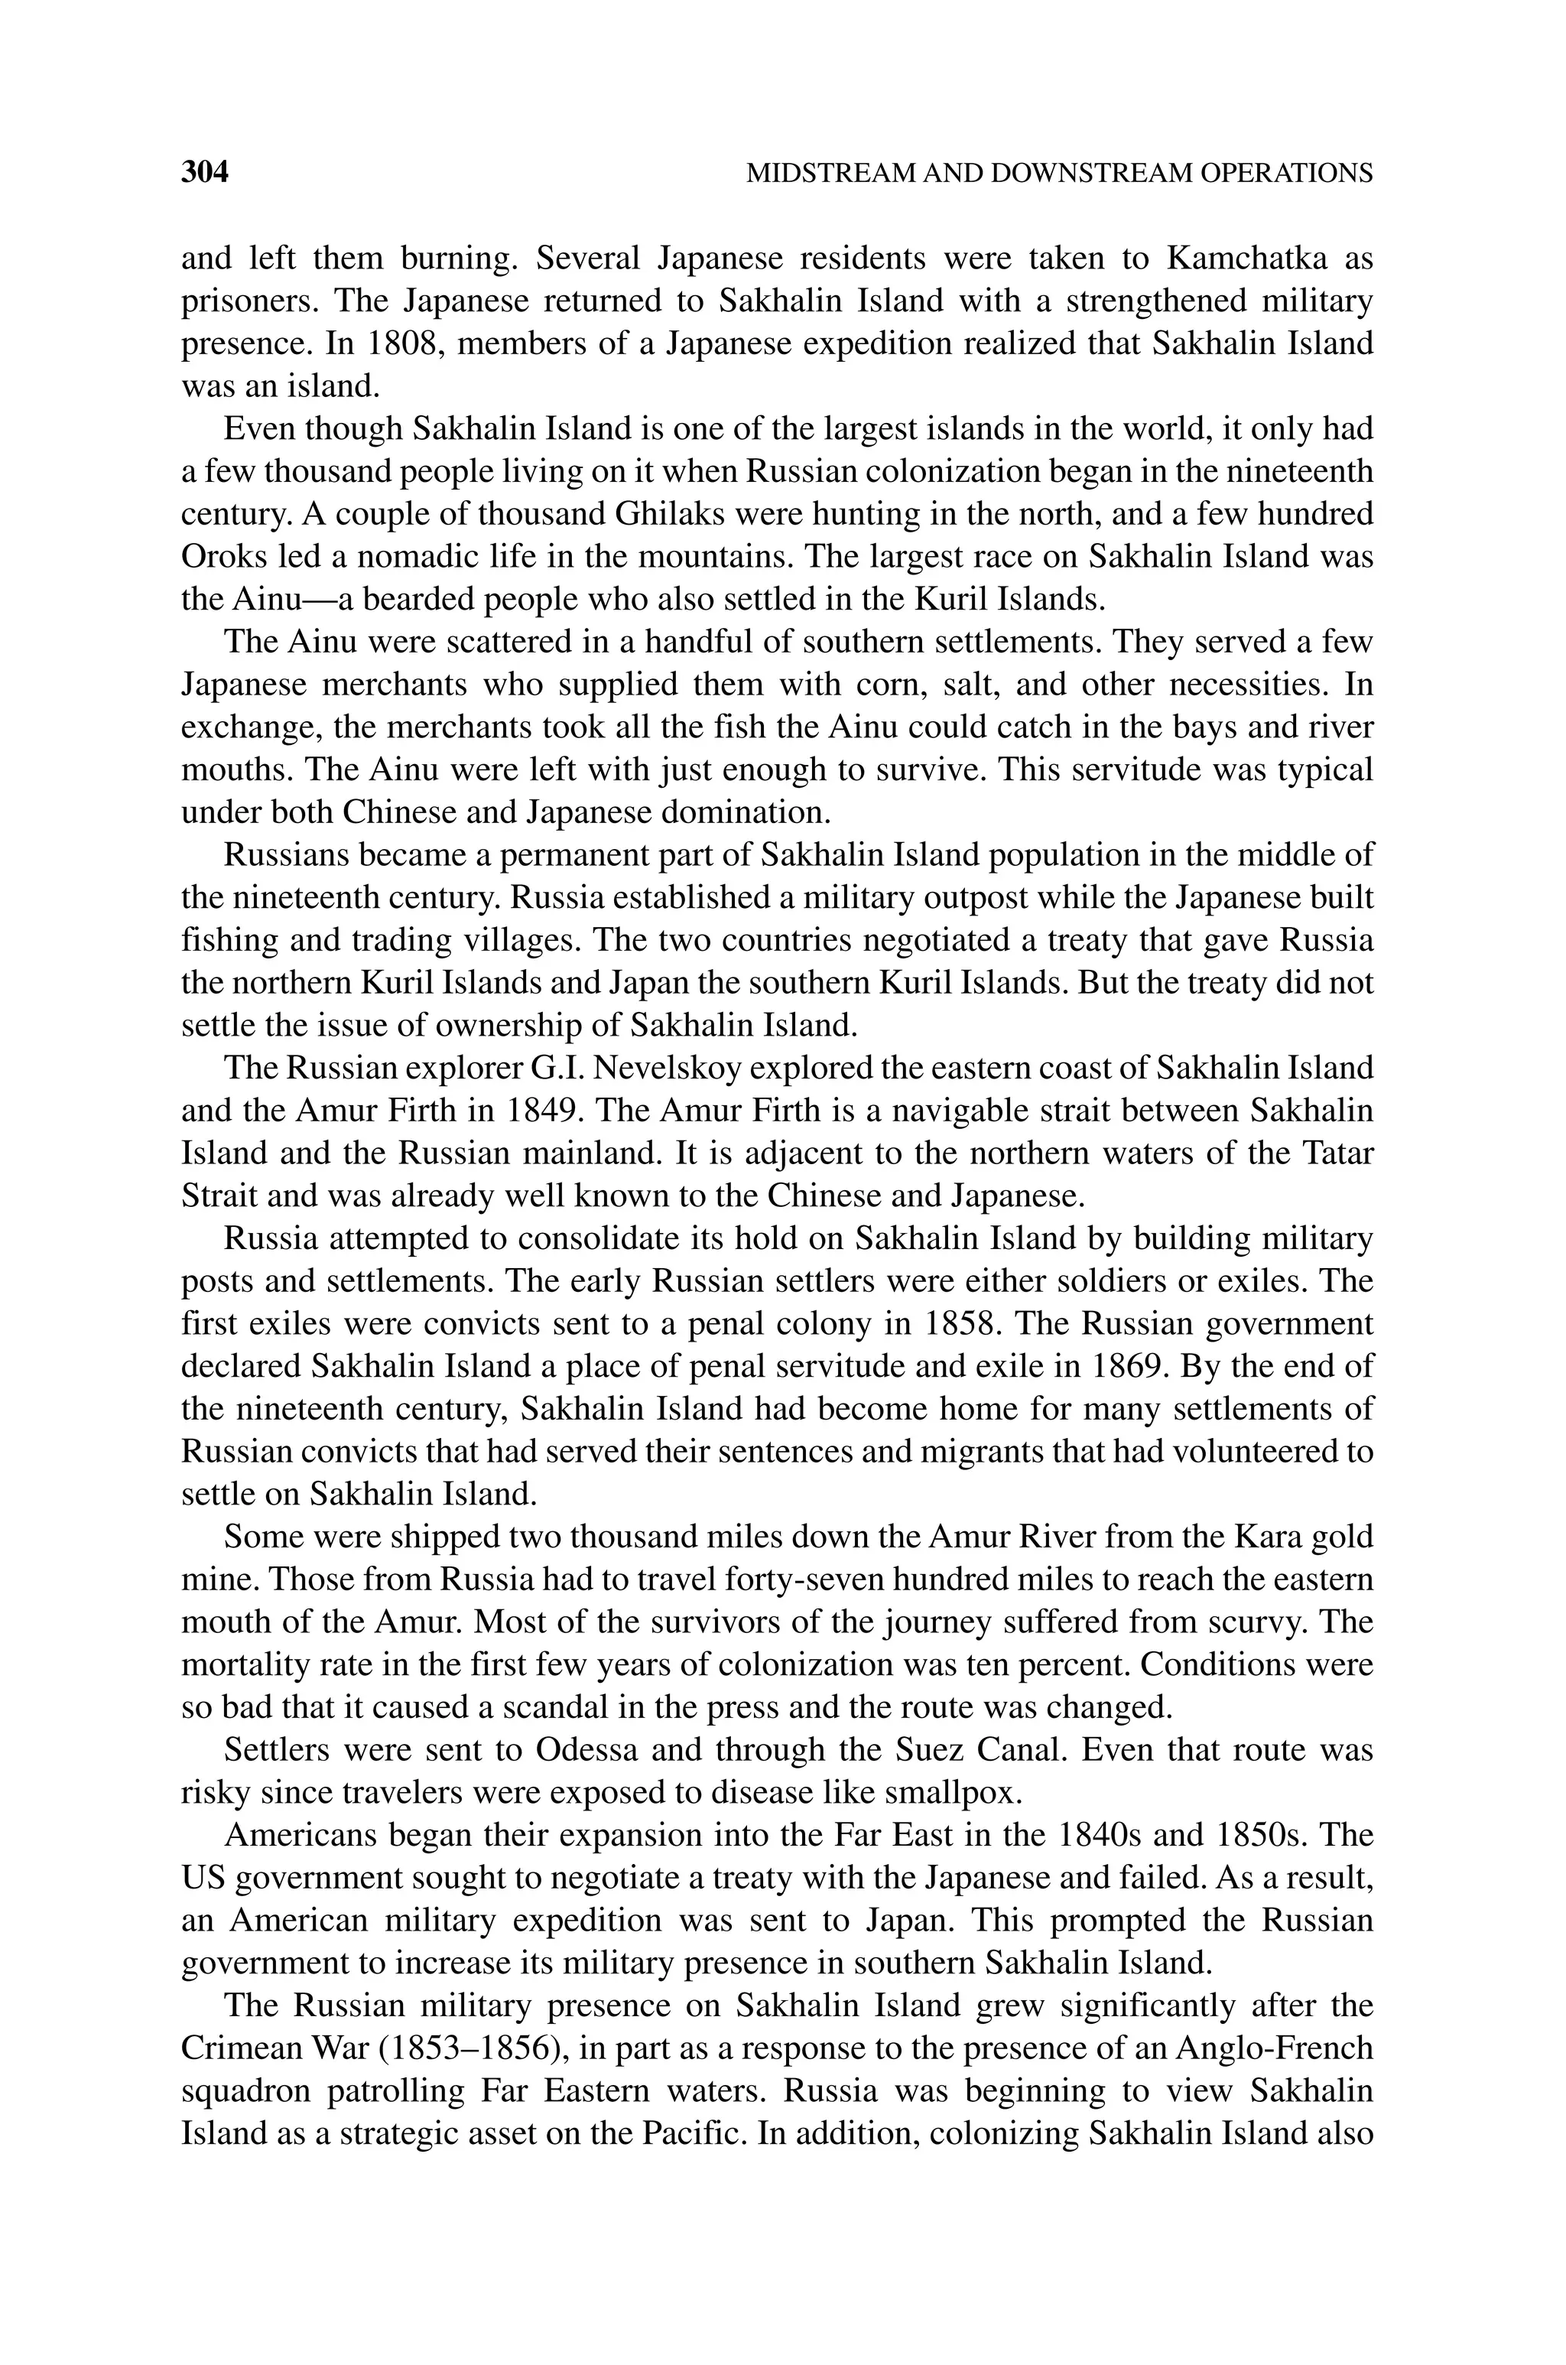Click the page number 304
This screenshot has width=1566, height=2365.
(x=205, y=173)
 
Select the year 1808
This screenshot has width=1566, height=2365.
(x=404, y=343)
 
